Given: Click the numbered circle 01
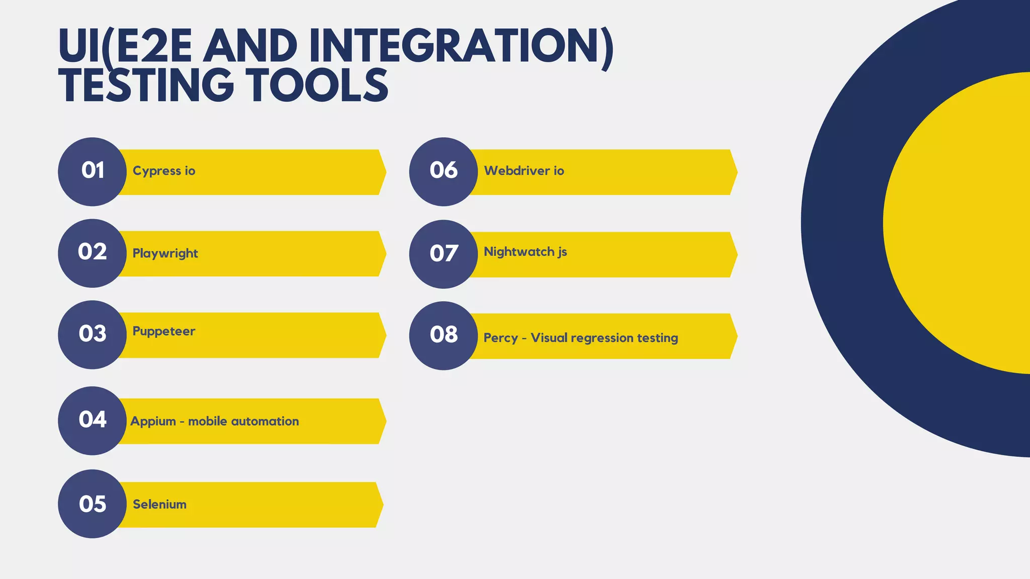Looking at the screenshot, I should tap(92, 171).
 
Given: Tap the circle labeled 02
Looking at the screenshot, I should tap(92, 253).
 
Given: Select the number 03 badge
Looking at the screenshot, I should tap(92, 335).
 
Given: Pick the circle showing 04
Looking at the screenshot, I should tap(92, 421).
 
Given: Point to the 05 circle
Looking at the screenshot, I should tap(92, 504).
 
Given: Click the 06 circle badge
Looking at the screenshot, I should tap(443, 171).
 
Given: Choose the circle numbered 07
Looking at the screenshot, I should tap(443, 254).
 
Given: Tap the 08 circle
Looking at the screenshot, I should tap(443, 335).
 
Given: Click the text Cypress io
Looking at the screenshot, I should tap(163, 171).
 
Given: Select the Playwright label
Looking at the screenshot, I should tap(165, 253).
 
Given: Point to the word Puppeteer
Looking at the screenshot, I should tap(163, 331).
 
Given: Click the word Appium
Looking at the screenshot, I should tap(153, 421).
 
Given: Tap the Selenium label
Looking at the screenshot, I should tap(159, 504).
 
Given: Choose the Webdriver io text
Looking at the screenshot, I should tap(524, 171).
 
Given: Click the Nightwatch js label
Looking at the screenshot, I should tap(525, 252).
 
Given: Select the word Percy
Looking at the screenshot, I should tap(500, 338).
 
